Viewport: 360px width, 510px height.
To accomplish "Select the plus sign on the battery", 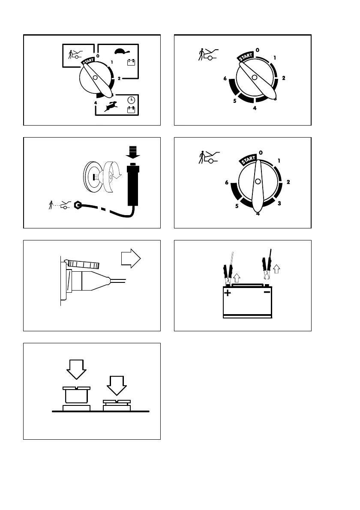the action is point(228,294).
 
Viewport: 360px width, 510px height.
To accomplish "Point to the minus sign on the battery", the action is point(267,293).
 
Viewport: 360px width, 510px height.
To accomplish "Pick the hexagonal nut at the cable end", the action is point(78,205).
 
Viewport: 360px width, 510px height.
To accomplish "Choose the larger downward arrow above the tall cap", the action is point(77,368).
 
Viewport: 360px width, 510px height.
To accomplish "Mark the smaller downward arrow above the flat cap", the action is point(116,386).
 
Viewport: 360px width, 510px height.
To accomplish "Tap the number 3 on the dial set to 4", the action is point(279,203).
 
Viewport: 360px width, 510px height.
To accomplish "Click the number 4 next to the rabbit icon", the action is point(96,103).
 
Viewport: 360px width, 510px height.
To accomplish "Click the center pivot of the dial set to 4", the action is point(258,182).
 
